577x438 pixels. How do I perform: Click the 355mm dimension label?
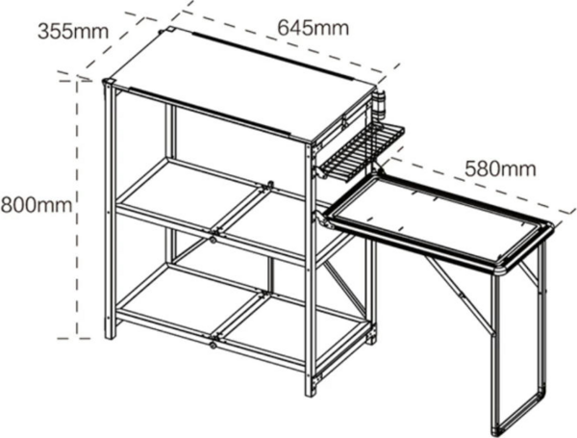tap(73, 32)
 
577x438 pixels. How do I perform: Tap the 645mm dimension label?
tap(313, 28)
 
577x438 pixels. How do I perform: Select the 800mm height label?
tap(37, 205)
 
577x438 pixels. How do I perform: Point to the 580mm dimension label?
tap(500, 168)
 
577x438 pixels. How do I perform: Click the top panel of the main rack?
tap(243, 84)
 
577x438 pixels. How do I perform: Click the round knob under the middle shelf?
tap(213, 240)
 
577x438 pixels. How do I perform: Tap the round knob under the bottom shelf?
tap(213, 346)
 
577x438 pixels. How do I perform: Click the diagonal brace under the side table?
tap(460, 295)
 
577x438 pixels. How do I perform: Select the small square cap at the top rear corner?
tap(172, 29)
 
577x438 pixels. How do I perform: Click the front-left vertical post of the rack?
tap(110, 210)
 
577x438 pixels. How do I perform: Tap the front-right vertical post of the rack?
tap(311, 269)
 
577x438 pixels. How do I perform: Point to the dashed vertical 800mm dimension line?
tap(77, 209)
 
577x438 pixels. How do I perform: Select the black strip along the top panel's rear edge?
tap(272, 56)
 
